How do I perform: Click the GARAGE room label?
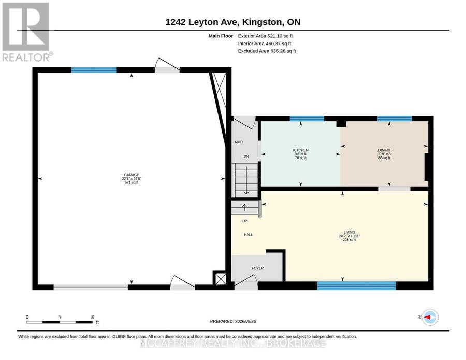tap(132, 175)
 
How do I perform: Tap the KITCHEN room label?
tap(300, 150)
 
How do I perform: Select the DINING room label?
tap(384, 150)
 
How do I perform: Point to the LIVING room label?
tap(349, 232)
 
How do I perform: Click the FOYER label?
tap(257, 268)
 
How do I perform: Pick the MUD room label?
tap(239, 142)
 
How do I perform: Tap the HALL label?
tap(248, 235)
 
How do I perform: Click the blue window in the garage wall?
tap(94, 70)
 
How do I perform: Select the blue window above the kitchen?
tap(307, 118)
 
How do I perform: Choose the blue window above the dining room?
tap(395, 118)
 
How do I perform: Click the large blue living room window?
tap(356, 286)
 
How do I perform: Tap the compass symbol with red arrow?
tap(430, 317)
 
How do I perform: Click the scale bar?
tap(59, 322)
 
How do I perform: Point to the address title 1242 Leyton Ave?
tap(201, 22)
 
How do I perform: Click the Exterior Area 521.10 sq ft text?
tap(266, 36)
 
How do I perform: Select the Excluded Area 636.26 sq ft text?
tap(267, 51)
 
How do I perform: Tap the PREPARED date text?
tap(233, 321)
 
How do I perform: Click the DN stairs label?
tap(246, 156)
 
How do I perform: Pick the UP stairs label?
tap(244, 221)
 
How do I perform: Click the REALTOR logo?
tap(27, 32)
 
